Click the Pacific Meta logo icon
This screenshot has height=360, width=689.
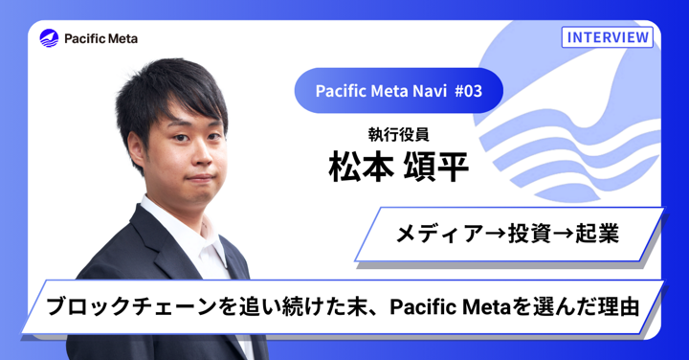[49, 38]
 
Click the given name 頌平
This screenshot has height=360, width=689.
[437, 167]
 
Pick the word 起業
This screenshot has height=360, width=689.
[595, 233]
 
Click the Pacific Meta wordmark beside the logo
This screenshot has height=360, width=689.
[101, 38]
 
